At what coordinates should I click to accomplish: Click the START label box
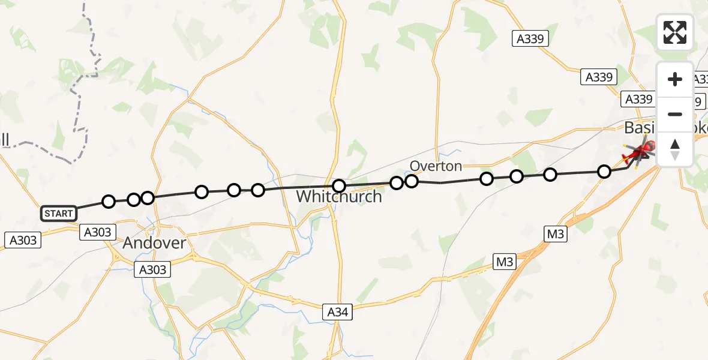(x=59, y=213)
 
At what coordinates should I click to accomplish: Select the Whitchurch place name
(x=338, y=196)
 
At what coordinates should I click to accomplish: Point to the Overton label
(x=436, y=166)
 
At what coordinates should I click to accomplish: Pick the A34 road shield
(x=337, y=312)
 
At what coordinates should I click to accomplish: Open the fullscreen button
(x=675, y=32)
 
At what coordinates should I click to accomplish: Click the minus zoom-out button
(x=675, y=114)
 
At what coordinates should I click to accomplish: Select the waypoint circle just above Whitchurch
(x=339, y=186)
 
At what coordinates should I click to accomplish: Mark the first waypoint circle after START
(x=108, y=202)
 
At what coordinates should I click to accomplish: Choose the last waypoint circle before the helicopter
(x=604, y=172)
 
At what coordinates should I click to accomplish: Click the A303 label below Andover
(x=152, y=269)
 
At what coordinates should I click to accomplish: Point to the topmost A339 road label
(x=530, y=39)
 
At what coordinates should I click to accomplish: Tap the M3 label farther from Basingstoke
(x=505, y=262)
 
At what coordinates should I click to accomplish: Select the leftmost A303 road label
(x=23, y=241)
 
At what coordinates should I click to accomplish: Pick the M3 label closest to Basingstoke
(x=556, y=234)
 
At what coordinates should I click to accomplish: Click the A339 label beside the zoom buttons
(x=638, y=99)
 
